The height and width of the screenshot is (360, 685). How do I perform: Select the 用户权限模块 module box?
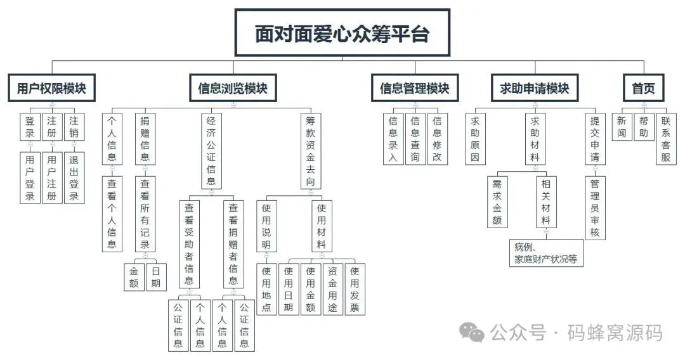(52, 89)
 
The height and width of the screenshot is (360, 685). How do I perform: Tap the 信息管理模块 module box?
(414, 89)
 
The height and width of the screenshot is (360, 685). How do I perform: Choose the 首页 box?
(643, 89)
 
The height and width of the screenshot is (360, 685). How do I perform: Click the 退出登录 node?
(74, 177)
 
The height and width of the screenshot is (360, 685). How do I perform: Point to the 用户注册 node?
(52, 177)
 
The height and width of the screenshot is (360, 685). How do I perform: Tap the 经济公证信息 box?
(211, 151)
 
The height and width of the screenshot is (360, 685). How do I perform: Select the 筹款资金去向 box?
(310, 151)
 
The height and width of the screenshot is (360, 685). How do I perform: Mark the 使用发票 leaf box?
(355, 289)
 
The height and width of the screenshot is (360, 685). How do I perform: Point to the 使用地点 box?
(266, 289)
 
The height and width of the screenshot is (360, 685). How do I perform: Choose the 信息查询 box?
(414, 139)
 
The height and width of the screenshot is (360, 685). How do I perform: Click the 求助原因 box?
(474, 139)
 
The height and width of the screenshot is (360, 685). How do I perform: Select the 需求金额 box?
(497, 202)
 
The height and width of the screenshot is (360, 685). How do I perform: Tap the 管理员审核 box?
(595, 209)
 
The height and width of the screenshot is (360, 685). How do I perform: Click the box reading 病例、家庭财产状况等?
(546, 252)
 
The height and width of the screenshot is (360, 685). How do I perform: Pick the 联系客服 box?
(665, 139)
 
